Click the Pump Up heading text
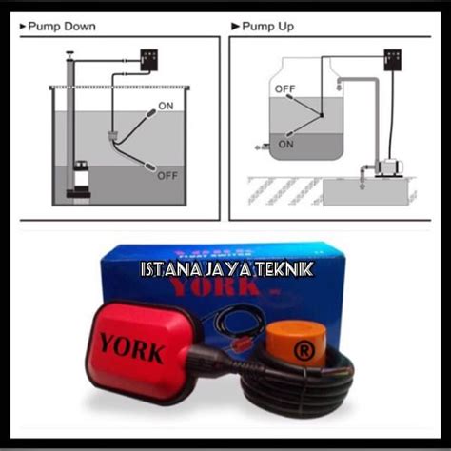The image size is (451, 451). (271, 27)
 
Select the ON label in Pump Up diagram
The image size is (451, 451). (285, 144)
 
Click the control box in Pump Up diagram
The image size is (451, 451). (392, 61)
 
